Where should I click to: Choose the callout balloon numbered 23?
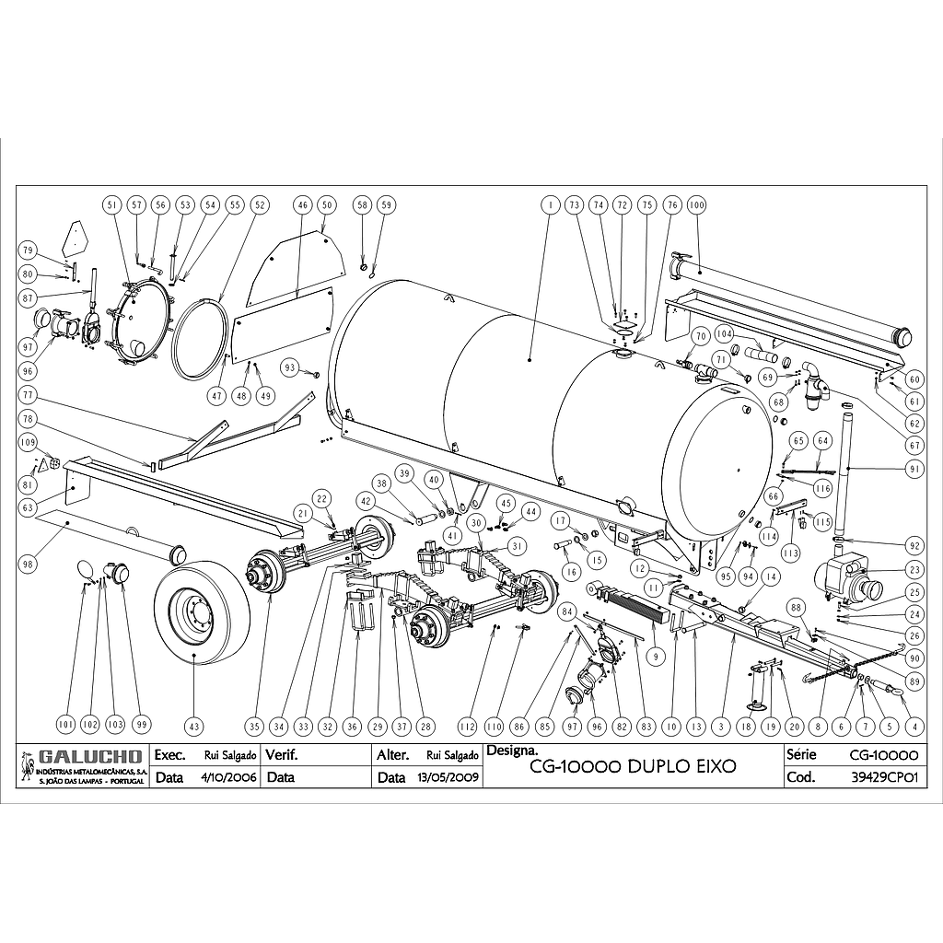click(x=914, y=570)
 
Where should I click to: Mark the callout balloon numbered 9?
click(x=656, y=657)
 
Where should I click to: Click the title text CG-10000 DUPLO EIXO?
click(x=634, y=766)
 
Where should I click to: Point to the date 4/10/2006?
click(x=227, y=777)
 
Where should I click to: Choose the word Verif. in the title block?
click(x=282, y=755)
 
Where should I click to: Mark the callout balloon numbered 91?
click(x=914, y=469)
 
